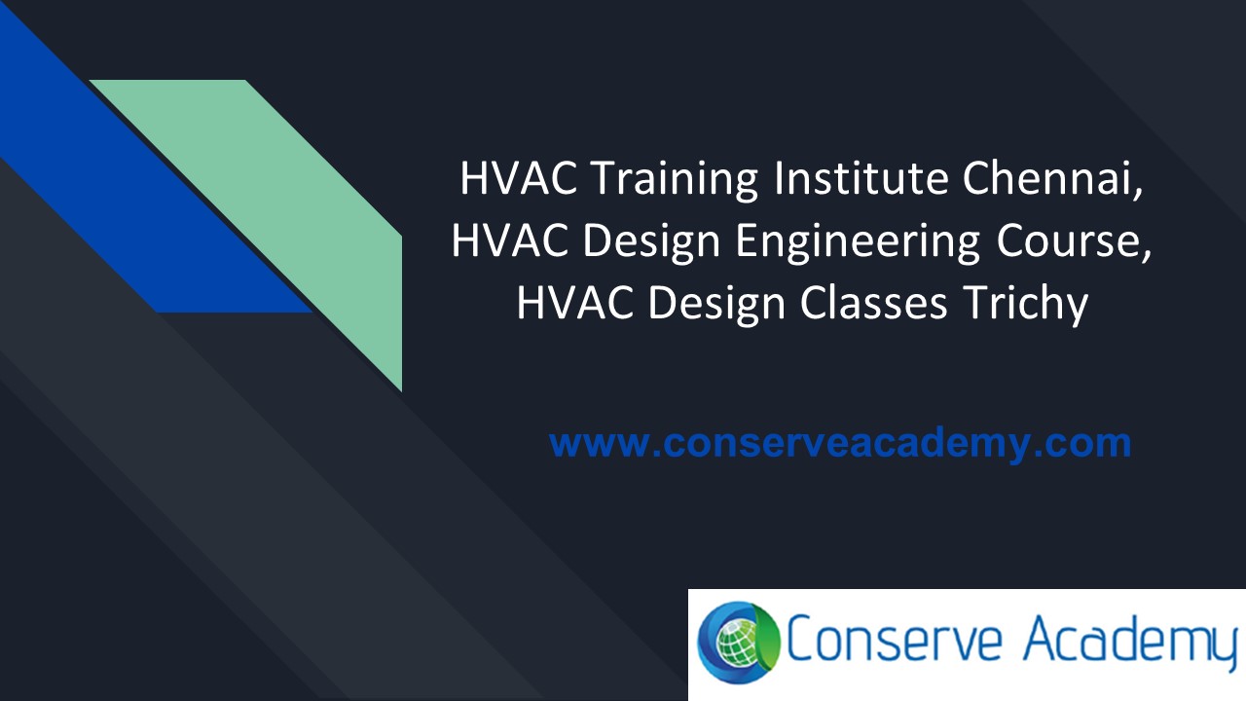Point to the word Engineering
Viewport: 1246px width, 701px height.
857,241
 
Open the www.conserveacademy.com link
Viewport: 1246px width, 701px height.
840,443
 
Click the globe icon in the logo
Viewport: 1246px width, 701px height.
739,644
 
